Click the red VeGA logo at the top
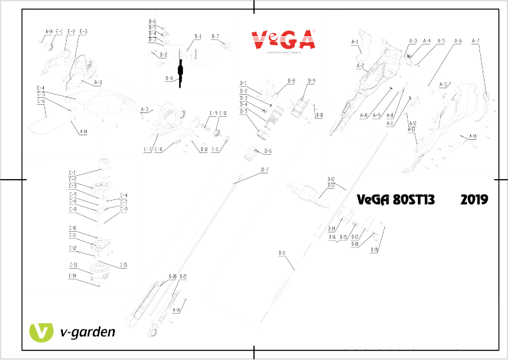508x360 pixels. point(283,40)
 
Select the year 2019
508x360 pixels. point(474,199)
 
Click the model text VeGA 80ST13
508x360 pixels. point(396,199)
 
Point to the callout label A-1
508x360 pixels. point(356,42)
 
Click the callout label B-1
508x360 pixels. point(197,36)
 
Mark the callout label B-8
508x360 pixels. point(169,78)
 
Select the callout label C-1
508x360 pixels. point(72,172)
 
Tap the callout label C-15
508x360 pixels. point(124,265)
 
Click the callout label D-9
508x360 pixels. point(311,81)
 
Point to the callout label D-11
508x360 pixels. point(282,253)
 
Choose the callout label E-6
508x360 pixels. point(41,101)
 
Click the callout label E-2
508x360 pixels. point(71,31)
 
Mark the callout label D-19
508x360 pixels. point(375,250)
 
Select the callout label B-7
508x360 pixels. point(215,36)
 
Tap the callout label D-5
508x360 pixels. point(243,111)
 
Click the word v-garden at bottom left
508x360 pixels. point(87,332)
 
